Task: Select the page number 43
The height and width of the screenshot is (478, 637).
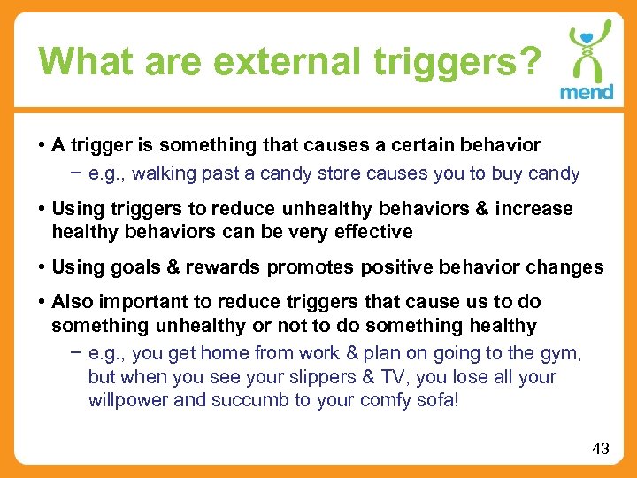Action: tap(600, 449)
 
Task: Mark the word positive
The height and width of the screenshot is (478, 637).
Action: tap(388, 267)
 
